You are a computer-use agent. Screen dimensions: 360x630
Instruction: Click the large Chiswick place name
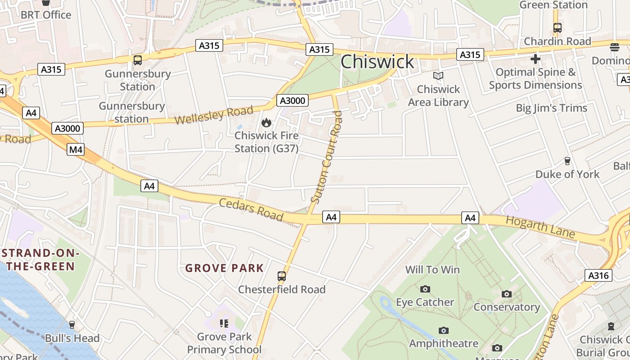click(x=377, y=62)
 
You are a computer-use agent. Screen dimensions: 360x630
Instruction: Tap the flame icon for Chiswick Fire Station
click(x=266, y=122)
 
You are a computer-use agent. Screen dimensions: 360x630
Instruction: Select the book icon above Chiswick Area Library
click(x=438, y=76)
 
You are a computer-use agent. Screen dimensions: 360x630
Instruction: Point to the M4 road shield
click(x=76, y=149)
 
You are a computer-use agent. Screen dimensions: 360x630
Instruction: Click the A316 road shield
click(x=598, y=275)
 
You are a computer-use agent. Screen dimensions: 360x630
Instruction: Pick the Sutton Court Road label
click(x=327, y=157)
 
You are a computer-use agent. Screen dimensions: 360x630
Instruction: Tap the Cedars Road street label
click(x=251, y=210)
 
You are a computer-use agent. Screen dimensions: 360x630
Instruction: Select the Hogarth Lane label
click(x=540, y=227)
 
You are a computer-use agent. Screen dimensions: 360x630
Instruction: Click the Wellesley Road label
click(x=214, y=115)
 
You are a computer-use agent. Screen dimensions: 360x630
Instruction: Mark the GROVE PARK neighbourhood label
click(x=225, y=268)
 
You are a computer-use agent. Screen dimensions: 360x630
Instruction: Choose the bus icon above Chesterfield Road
click(x=282, y=276)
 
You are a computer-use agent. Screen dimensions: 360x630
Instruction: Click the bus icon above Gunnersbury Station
click(x=138, y=60)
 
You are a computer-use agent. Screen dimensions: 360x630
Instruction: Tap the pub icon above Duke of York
click(x=567, y=161)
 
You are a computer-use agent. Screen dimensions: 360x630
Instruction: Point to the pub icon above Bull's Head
click(x=72, y=324)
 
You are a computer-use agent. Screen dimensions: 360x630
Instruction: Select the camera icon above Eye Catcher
click(x=425, y=289)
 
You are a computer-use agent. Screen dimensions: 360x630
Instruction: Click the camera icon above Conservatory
click(x=507, y=294)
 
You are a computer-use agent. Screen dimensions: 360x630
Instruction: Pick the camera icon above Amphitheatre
click(x=444, y=331)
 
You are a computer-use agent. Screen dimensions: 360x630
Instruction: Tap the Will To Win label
click(x=432, y=270)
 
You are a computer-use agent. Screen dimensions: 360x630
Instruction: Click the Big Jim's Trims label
click(x=551, y=108)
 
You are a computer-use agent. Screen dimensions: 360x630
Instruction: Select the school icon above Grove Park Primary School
click(x=224, y=323)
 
